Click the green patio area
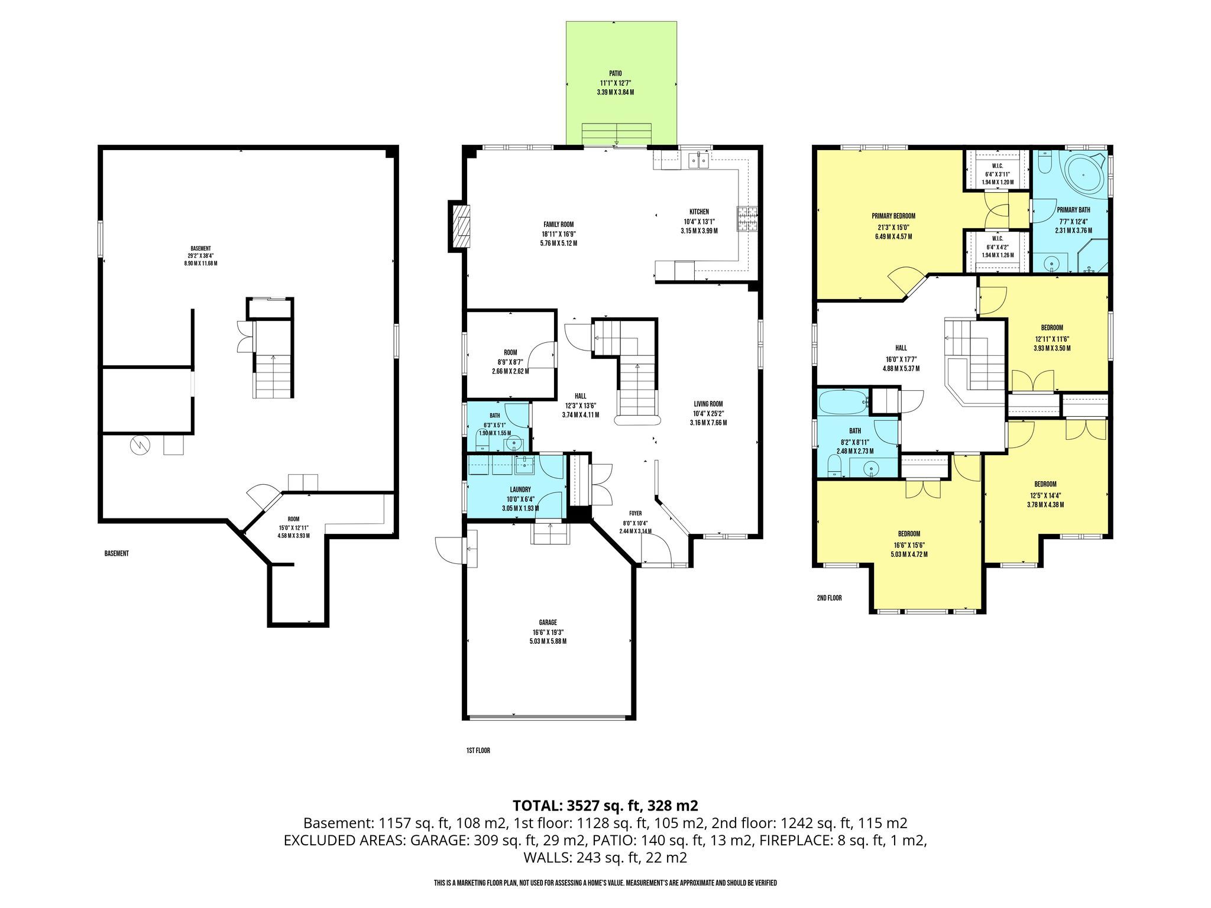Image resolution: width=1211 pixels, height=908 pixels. tap(621, 83)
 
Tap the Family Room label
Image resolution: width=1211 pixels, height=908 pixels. tap(559, 225)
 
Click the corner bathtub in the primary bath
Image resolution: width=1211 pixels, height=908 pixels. tap(1086, 174)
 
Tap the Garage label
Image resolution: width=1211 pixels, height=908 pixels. tap(548, 622)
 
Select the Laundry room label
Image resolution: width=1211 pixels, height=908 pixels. tap(520, 489)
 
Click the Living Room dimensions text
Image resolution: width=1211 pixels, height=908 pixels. tap(708, 414)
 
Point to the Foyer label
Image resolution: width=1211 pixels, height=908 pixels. tap(635, 513)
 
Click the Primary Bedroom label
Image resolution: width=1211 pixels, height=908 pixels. tap(893, 216)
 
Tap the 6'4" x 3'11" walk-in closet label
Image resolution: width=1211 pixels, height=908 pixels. tap(998, 174)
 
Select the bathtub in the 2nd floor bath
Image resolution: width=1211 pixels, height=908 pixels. tap(843, 403)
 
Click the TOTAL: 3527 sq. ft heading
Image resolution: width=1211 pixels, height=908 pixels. tap(605, 805)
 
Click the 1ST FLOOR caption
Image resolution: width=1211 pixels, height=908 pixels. tap(478, 751)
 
